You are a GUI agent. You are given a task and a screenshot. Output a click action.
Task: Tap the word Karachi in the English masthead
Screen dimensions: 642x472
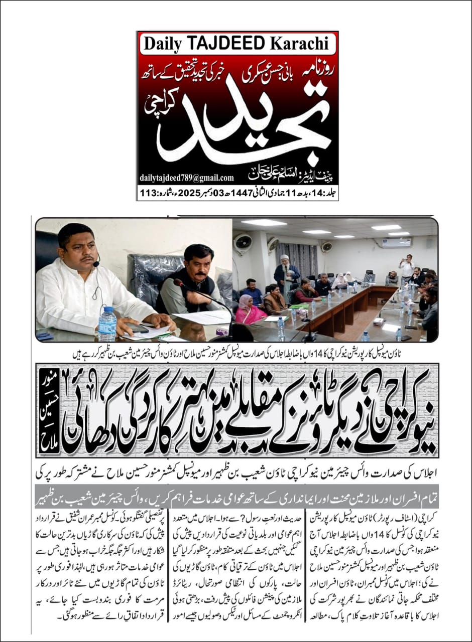(302, 43)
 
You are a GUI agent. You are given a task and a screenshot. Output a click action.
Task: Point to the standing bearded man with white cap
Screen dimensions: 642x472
(286, 273)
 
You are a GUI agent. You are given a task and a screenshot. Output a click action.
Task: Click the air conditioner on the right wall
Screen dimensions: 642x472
(396, 242)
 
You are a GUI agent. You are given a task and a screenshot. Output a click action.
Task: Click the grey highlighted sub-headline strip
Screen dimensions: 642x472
(236, 487)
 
